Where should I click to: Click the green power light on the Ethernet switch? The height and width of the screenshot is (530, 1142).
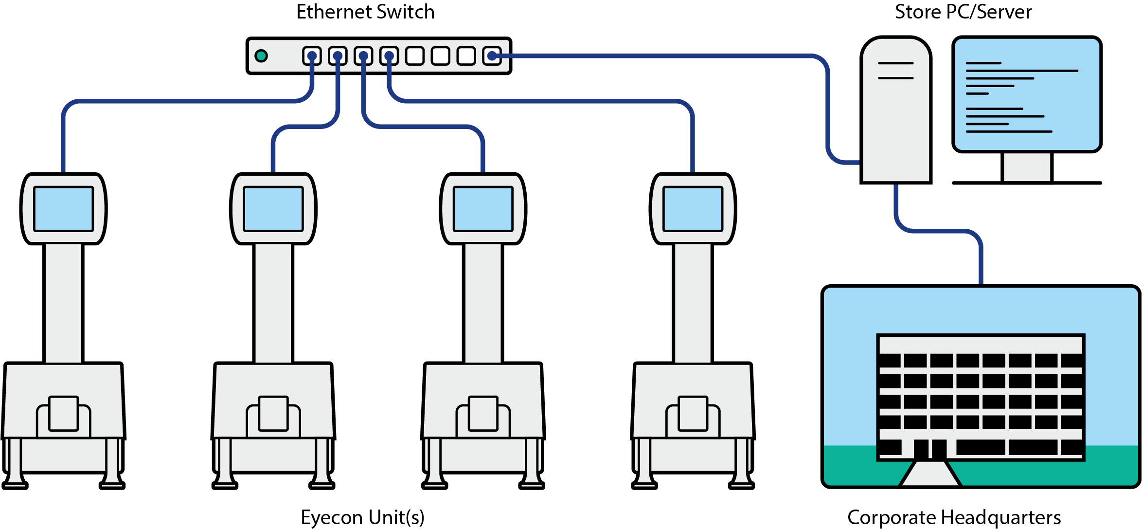(x=261, y=56)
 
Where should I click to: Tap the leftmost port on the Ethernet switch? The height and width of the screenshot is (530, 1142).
(x=312, y=56)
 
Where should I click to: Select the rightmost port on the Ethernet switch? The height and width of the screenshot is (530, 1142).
(x=492, y=56)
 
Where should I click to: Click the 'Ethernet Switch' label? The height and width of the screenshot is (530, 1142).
(x=365, y=12)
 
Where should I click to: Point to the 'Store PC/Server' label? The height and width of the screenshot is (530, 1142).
(x=963, y=12)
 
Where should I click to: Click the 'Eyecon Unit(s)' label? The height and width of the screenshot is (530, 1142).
(x=363, y=517)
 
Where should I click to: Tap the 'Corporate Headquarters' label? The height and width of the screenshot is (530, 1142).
(x=954, y=517)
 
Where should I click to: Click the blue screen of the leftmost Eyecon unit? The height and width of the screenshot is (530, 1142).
(x=63, y=209)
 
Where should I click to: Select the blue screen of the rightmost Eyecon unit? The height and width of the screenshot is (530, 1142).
(x=693, y=209)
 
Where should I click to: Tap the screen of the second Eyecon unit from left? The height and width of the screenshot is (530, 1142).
(x=273, y=209)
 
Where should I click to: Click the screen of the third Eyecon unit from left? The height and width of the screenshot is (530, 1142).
(x=483, y=209)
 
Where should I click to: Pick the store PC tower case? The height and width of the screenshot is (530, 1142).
(x=896, y=122)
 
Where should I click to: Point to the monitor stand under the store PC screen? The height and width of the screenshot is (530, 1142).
(x=1027, y=167)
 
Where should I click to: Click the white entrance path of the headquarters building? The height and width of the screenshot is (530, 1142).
(x=929, y=475)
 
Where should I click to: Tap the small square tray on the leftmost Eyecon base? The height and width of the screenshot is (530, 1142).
(x=63, y=413)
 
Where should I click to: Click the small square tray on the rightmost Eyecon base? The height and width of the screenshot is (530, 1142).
(x=693, y=413)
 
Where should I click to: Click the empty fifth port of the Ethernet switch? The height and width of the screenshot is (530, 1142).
(x=414, y=56)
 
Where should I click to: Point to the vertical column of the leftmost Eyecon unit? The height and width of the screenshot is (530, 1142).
(x=63, y=302)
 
